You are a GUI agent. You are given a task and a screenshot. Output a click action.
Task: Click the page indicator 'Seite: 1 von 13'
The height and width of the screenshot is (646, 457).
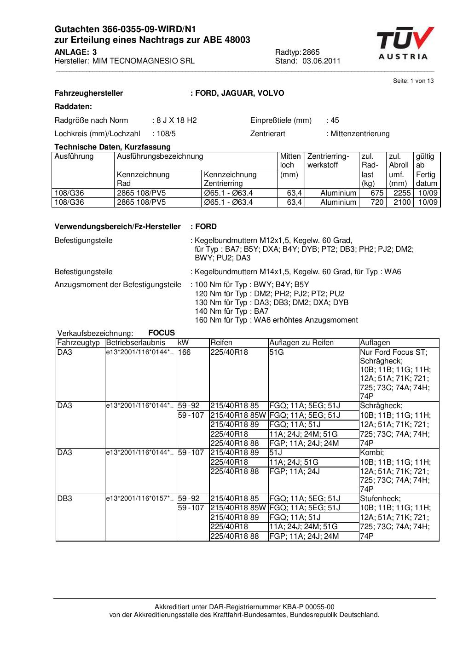[413, 81]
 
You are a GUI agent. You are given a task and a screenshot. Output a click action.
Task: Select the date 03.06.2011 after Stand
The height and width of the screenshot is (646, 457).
[321, 61]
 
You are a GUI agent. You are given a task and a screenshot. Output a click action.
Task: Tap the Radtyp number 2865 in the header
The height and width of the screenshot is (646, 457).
[311, 52]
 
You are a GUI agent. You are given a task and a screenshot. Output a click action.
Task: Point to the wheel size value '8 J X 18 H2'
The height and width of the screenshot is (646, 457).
[176, 121]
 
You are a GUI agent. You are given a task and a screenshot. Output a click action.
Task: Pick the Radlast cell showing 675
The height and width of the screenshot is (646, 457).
[377, 193]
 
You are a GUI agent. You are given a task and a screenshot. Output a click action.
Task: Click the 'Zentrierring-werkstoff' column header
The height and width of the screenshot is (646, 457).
[328, 161]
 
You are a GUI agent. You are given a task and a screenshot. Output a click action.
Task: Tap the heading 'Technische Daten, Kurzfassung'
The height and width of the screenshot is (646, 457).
[112, 147]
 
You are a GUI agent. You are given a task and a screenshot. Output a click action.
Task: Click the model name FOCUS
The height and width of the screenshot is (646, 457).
[162, 333]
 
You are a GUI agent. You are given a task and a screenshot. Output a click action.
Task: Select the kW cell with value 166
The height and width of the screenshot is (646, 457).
[185, 352]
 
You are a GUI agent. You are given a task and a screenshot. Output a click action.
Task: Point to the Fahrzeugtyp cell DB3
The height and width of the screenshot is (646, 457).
[65, 499]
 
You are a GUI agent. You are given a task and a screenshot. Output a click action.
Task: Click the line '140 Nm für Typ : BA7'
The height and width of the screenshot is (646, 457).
[231, 311]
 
